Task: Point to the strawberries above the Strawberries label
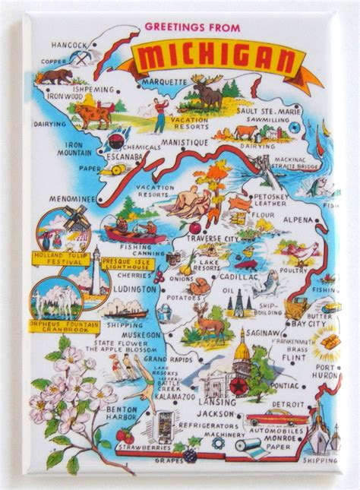pyautogui.click(x=125, y=436)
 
